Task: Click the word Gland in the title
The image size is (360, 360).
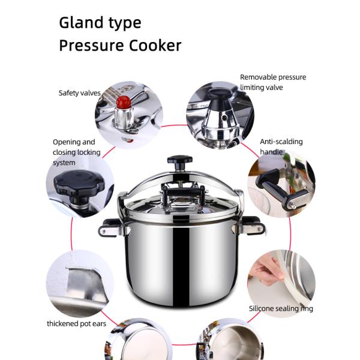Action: pos(81,23)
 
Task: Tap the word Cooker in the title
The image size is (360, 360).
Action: pos(155,46)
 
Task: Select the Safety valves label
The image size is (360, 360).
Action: pos(79,93)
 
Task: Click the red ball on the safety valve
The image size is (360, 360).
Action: pos(123,102)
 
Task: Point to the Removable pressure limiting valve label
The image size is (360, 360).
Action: pos(273,82)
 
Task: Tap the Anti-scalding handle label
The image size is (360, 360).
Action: pos(281,147)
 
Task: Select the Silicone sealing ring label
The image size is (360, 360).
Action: pos(281,308)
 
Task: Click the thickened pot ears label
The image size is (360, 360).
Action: pos(76,323)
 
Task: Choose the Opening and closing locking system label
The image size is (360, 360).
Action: pos(76,152)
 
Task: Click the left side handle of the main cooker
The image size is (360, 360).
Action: pos(112,228)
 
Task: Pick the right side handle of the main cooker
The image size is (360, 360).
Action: pos(252,226)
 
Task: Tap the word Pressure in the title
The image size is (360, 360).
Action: pos(92,46)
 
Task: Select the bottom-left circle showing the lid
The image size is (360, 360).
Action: pos(139,339)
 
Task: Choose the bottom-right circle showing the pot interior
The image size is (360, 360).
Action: pos(230,339)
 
